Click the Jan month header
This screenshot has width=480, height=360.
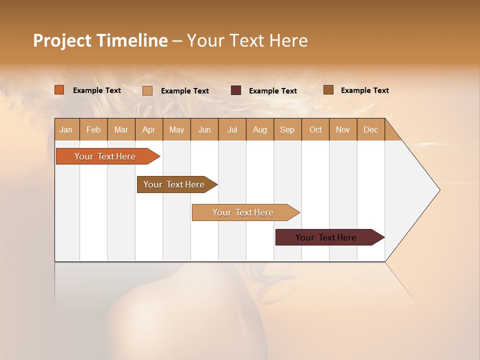[66, 129]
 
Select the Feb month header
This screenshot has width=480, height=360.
[93, 129]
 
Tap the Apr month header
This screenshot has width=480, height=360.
[148, 129]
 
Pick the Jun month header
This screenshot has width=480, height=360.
[204, 129]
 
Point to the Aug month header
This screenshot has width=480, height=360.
[259, 129]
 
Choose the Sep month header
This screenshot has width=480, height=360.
[287, 129]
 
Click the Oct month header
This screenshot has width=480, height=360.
[315, 129]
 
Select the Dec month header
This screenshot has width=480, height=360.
[370, 129]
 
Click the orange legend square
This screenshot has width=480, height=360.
[59, 90]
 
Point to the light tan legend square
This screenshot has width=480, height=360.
[147, 90]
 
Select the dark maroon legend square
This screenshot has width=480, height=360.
[236, 90]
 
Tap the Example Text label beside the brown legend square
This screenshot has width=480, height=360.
[364, 90]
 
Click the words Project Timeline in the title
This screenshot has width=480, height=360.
[100, 40]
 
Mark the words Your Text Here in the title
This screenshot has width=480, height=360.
[247, 40]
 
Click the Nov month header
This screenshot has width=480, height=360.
[343, 129]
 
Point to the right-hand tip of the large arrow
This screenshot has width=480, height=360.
[439, 190]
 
